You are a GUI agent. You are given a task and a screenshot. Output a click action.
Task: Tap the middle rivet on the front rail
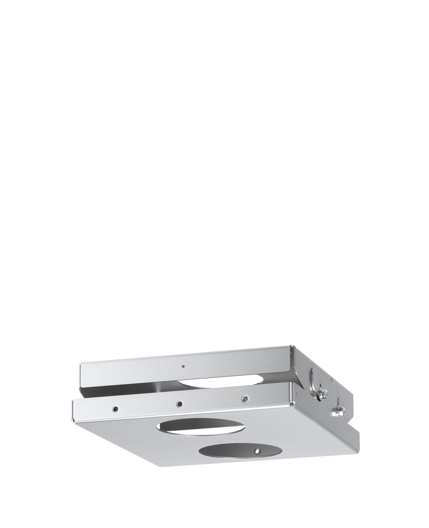click(x=180, y=404)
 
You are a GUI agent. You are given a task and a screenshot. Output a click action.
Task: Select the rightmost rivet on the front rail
click(x=243, y=398)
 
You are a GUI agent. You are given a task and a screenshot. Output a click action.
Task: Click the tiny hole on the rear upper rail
click(x=183, y=367)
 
